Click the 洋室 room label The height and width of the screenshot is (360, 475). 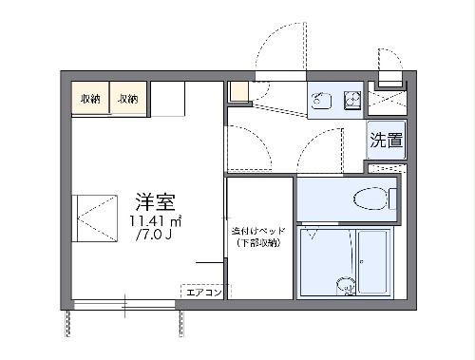[154, 202]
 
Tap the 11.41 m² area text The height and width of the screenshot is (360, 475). [155, 220]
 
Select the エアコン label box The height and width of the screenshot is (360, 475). [202, 292]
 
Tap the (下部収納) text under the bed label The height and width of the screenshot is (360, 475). [258, 244]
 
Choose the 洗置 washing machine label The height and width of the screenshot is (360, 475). [386, 142]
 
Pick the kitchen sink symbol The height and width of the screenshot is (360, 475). [320, 98]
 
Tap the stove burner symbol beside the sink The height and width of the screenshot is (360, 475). [350, 97]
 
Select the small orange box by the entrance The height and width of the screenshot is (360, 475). [237, 92]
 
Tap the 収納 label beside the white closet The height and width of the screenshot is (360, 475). [127, 98]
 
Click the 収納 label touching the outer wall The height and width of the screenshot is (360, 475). [91, 98]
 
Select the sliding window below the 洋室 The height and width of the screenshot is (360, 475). [123, 305]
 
